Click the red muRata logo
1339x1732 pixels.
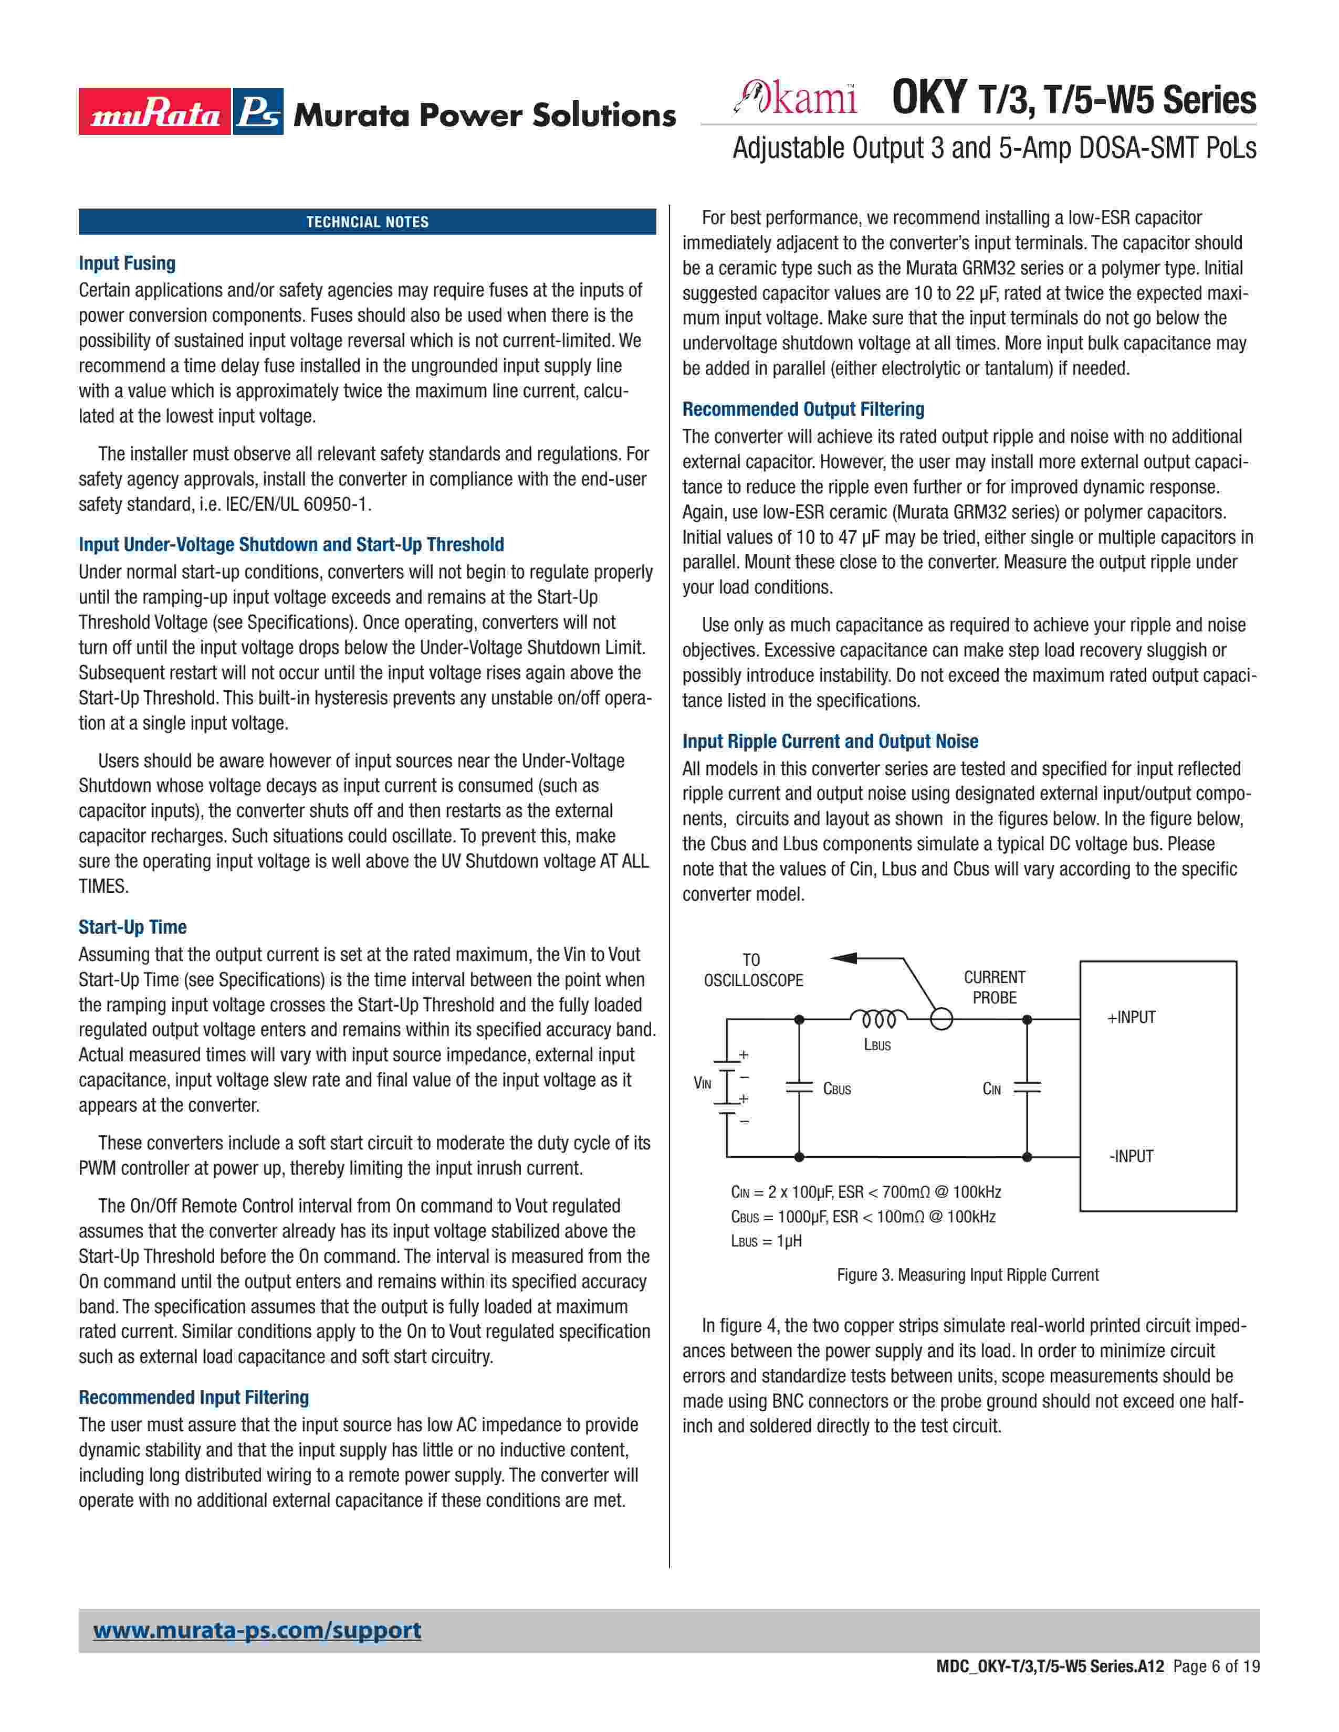click(155, 112)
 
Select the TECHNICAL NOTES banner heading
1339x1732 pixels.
click(367, 222)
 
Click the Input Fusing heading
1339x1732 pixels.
click(127, 263)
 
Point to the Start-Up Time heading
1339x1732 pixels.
click(132, 927)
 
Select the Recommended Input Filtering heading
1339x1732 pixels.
click(194, 1397)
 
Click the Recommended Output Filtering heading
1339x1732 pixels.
click(803, 409)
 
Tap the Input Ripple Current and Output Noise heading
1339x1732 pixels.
click(830, 742)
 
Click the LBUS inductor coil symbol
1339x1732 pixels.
click(878, 1018)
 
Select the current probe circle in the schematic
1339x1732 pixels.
click(941, 1019)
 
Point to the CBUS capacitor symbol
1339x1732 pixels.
click(799, 1087)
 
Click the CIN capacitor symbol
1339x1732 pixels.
click(1027, 1087)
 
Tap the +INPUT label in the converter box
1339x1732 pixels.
click(1131, 1018)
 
